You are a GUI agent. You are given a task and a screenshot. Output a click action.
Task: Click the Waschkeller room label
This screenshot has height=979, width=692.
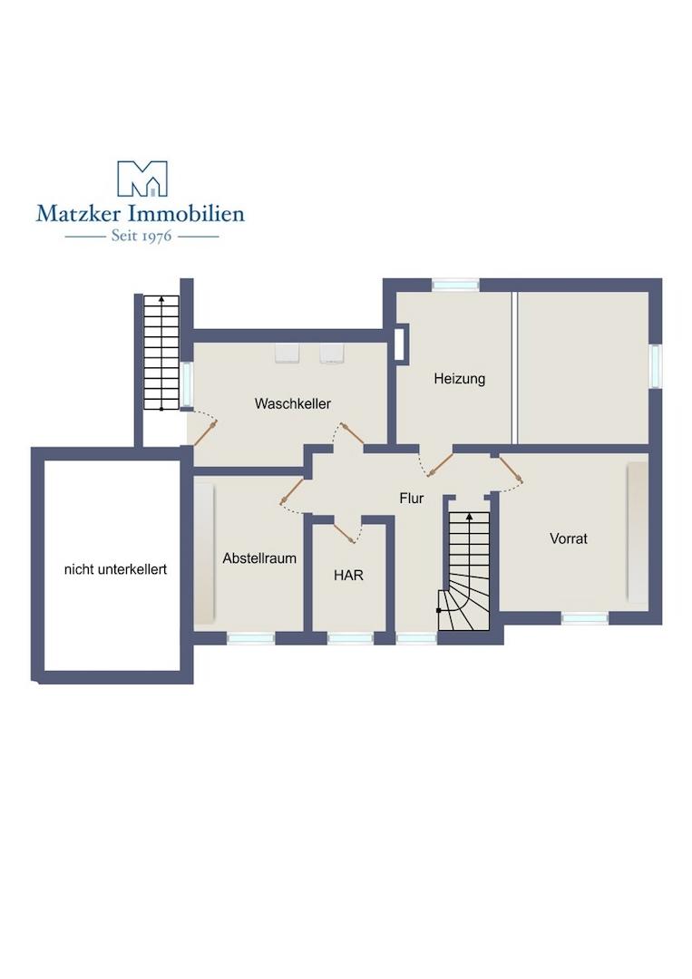click(292, 403)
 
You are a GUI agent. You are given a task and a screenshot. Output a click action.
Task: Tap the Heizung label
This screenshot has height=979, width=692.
click(460, 378)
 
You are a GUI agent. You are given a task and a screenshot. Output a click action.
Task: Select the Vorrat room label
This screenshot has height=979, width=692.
click(569, 538)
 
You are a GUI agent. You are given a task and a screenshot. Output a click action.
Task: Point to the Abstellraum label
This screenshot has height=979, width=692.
click(259, 558)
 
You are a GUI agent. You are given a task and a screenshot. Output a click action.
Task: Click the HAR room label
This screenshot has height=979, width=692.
click(348, 575)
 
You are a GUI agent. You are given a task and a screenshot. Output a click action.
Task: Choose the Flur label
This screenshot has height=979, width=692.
click(412, 499)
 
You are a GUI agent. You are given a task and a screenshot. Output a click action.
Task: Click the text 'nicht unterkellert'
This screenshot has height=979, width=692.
click(115, 569)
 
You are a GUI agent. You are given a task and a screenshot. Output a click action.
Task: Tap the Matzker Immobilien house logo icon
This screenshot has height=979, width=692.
click(142, 179)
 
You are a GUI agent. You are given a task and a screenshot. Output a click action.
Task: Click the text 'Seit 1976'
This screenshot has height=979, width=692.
click(141, 236)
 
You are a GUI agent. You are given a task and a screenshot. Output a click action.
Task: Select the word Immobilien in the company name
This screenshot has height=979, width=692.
click(186, 214)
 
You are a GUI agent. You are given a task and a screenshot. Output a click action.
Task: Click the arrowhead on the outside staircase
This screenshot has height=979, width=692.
click(161, 300)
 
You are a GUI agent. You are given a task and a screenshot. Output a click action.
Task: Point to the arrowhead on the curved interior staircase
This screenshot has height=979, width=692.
click(468, 517)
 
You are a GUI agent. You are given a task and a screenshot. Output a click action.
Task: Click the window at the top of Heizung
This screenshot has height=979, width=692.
click(455, 285)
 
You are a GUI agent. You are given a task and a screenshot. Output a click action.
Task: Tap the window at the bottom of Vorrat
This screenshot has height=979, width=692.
click(585, 618)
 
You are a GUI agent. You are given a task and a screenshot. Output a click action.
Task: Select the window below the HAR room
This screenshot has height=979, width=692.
click(350, 638)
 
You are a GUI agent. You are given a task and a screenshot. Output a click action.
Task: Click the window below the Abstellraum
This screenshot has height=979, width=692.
click(250, 638)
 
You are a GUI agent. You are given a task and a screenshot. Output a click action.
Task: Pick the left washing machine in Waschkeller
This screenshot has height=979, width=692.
click(288, 354)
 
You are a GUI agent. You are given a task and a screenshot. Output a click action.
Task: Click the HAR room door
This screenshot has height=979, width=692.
click(344, 533)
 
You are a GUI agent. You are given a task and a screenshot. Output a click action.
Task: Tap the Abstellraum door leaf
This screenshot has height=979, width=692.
click(292, 490)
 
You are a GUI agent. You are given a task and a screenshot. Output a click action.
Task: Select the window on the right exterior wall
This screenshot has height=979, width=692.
click(655, 366)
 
